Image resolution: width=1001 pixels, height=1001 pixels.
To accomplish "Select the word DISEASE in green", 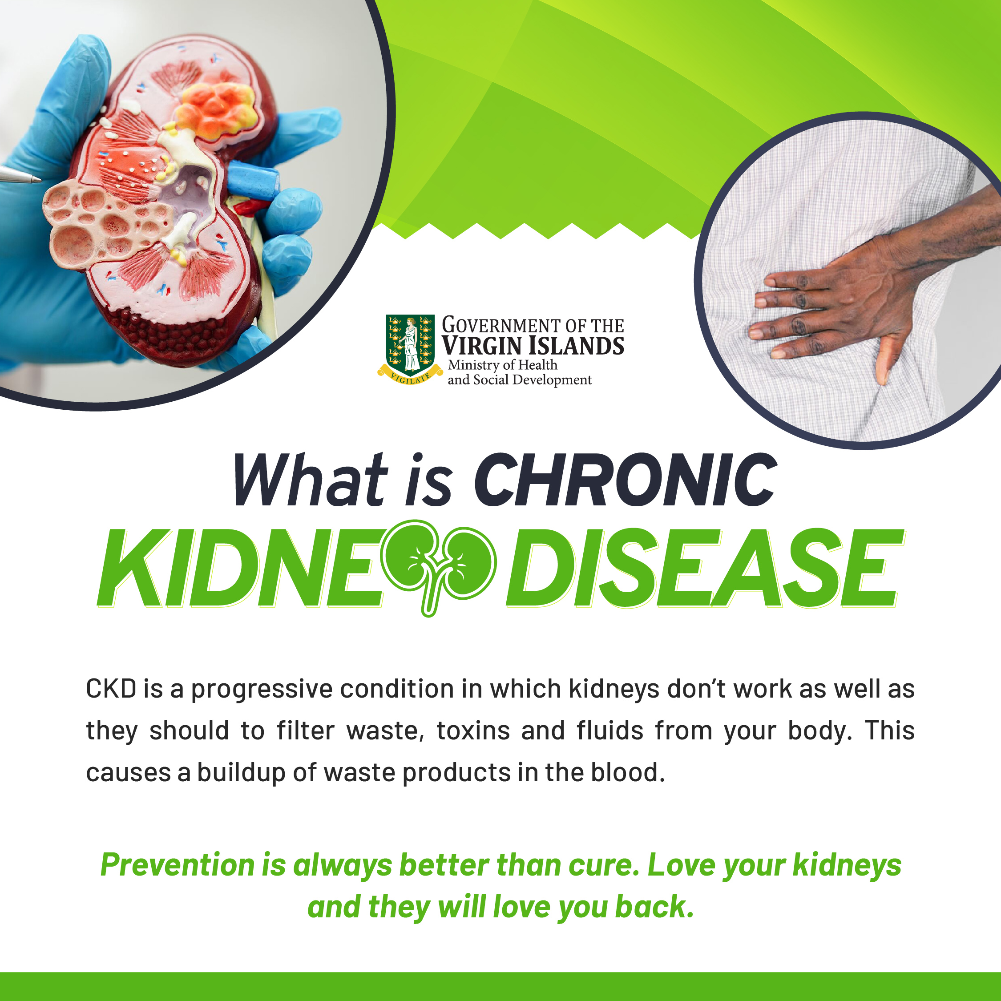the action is pyautogui.click(x=705, y=568).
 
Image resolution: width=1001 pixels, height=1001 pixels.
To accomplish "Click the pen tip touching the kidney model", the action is pyautogui.click(x=36, y=179).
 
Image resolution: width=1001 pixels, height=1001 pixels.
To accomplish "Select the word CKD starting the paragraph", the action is pyautogui.click(x=111, y=689).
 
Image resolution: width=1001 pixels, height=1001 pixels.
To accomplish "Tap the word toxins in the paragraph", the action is pyautogui.click(x=473, y=731).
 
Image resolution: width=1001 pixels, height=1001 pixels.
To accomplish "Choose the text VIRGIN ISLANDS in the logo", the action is pyautogui.click(x=533, y=346).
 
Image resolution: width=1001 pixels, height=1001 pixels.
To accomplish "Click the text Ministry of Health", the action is pyautogui.click(x=503, y=365).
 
